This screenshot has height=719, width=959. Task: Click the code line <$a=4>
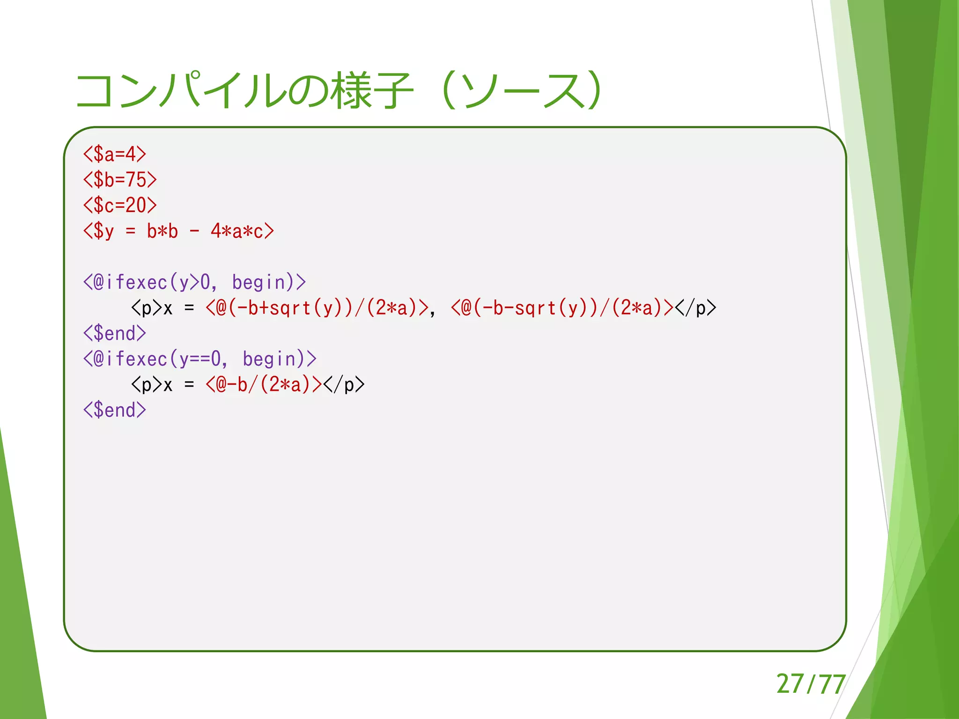point(115,154)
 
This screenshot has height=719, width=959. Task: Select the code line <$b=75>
point(120,180)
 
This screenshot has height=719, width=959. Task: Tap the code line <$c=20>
point(120,205)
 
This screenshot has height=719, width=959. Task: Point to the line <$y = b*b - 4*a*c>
point(178,231)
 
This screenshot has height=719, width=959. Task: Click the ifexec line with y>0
point(194,282)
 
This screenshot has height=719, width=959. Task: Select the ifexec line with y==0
point(200,359)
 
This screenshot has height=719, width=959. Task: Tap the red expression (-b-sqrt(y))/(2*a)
point(562,308)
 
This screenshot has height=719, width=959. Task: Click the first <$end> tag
point(115,334)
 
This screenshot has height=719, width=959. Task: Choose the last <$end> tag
point(115,411)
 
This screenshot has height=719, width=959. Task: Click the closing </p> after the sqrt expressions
point(695,308)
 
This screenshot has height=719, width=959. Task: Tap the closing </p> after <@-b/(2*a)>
point(344,385)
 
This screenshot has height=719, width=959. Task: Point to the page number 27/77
point(811,684)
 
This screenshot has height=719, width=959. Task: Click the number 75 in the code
point(136,180)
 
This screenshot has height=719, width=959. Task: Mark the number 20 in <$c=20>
point(136,205)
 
